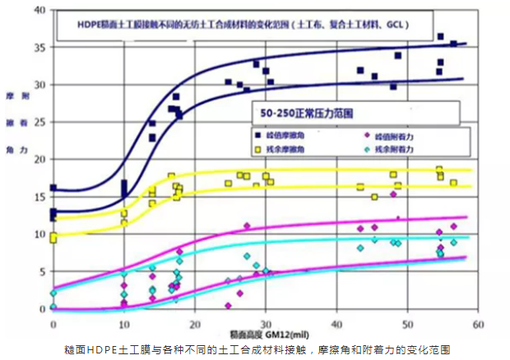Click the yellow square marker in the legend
tap(258, 149)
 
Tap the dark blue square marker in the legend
tap(258, 133)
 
